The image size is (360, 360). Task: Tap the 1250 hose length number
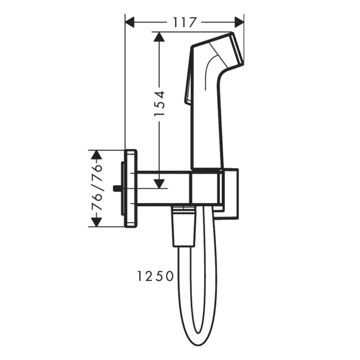point(155,276)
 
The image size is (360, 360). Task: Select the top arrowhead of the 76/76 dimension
point(95,155)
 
